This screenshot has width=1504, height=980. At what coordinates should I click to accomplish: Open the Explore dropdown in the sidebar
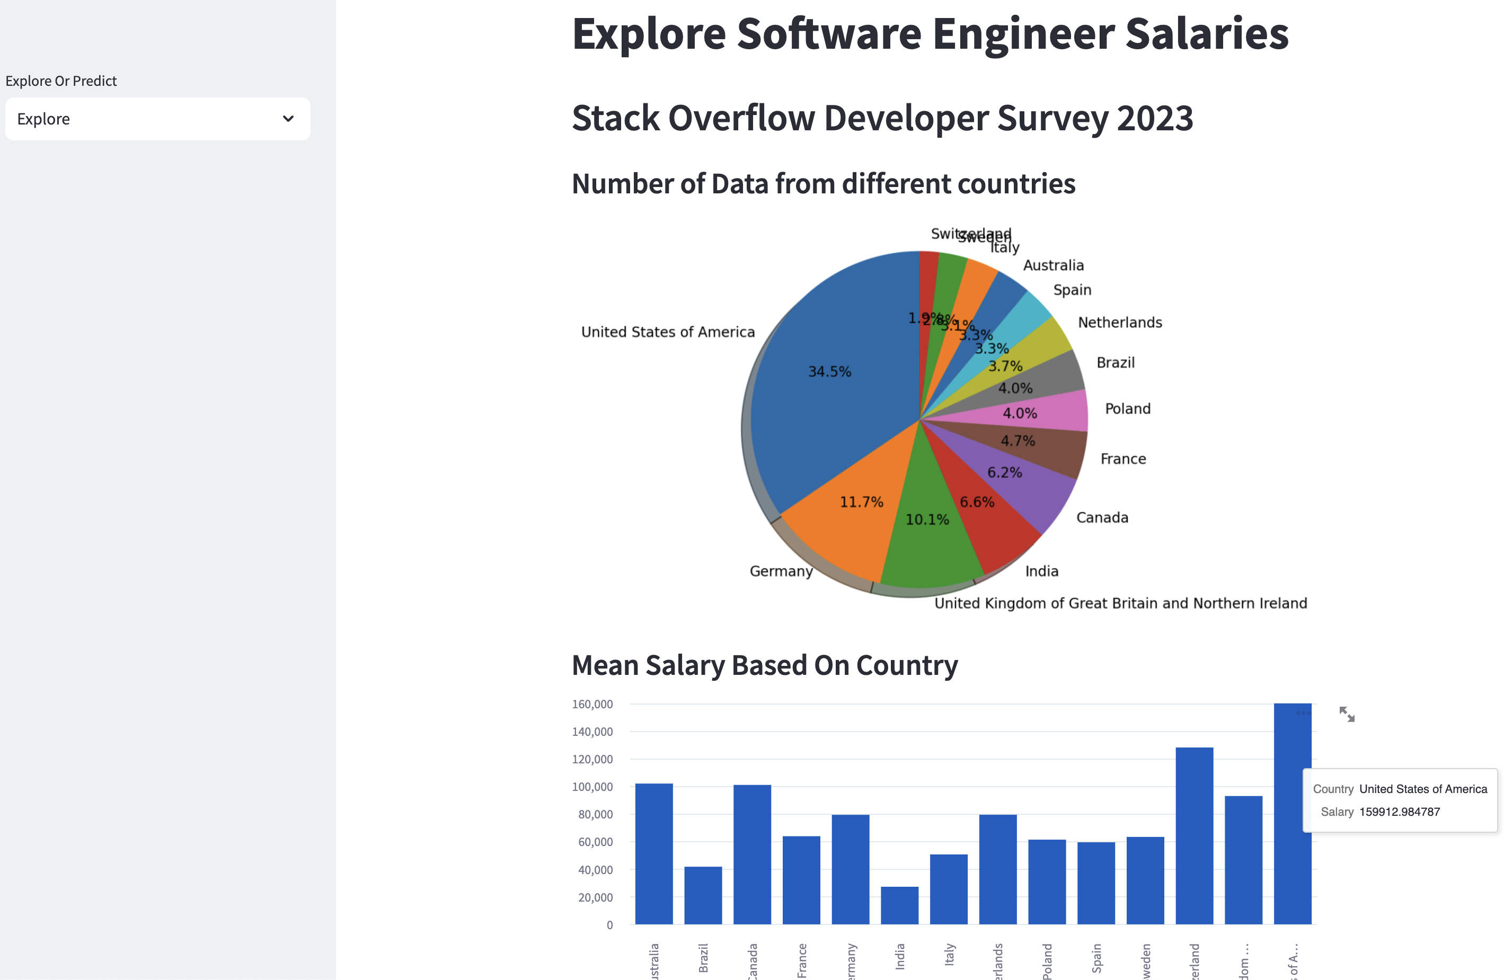[157, 119]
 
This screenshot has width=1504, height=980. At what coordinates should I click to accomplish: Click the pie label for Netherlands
[1119, 322]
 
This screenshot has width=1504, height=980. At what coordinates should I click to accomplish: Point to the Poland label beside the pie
[1127, 409]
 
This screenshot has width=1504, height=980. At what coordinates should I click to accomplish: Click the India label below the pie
[1041, 571]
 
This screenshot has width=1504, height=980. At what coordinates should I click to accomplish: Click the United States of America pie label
[667, 332]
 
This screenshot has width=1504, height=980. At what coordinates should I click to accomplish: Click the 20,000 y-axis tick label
[595, 897]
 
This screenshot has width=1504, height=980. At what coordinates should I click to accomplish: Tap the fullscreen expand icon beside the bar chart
[1347, 715]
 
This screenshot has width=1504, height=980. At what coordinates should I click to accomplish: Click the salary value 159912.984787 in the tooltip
[1399, 812]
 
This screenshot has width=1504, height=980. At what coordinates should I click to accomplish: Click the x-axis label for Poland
[1047, 960]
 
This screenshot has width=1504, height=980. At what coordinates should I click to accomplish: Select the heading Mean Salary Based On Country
[764, 665]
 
